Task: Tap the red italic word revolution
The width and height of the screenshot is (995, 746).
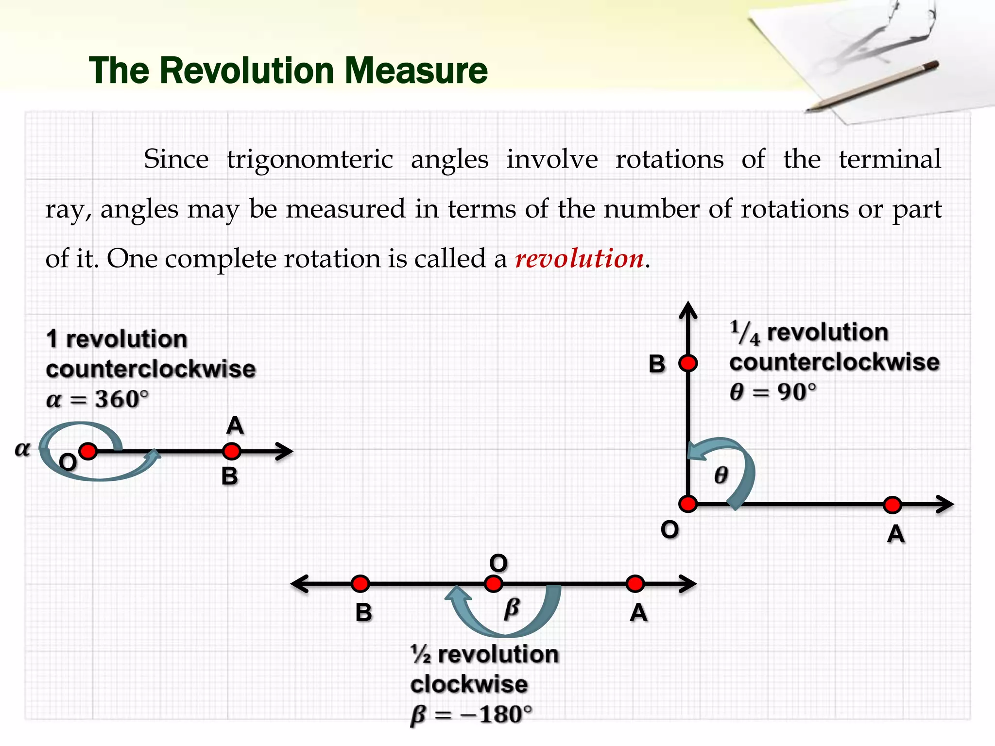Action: [x=579, y=258]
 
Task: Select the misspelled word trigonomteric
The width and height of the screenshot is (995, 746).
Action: [x=309, y=159]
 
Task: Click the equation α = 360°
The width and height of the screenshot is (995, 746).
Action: [x=97, y=399]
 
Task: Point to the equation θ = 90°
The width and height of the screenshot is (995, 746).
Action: [x=772, y=391]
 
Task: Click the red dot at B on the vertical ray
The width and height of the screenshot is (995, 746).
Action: [x=688, y=363]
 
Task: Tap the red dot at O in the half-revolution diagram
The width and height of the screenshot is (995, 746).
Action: [x=494, y=583]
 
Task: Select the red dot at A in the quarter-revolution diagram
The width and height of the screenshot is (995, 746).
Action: [x=892, y=505]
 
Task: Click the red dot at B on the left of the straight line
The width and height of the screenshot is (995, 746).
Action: [x=360, y=583]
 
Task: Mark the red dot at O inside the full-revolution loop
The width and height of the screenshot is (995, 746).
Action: [x=88, y=451]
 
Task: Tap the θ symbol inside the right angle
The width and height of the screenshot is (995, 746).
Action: [x=721, y=475]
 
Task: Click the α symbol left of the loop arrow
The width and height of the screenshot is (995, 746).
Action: [x=22, y=449]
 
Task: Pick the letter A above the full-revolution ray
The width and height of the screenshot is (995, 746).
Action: [x=235, y=425]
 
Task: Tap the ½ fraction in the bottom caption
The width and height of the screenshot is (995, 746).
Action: [x=421, y=655]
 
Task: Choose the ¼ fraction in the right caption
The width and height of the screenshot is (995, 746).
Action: [x=744, y=333]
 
